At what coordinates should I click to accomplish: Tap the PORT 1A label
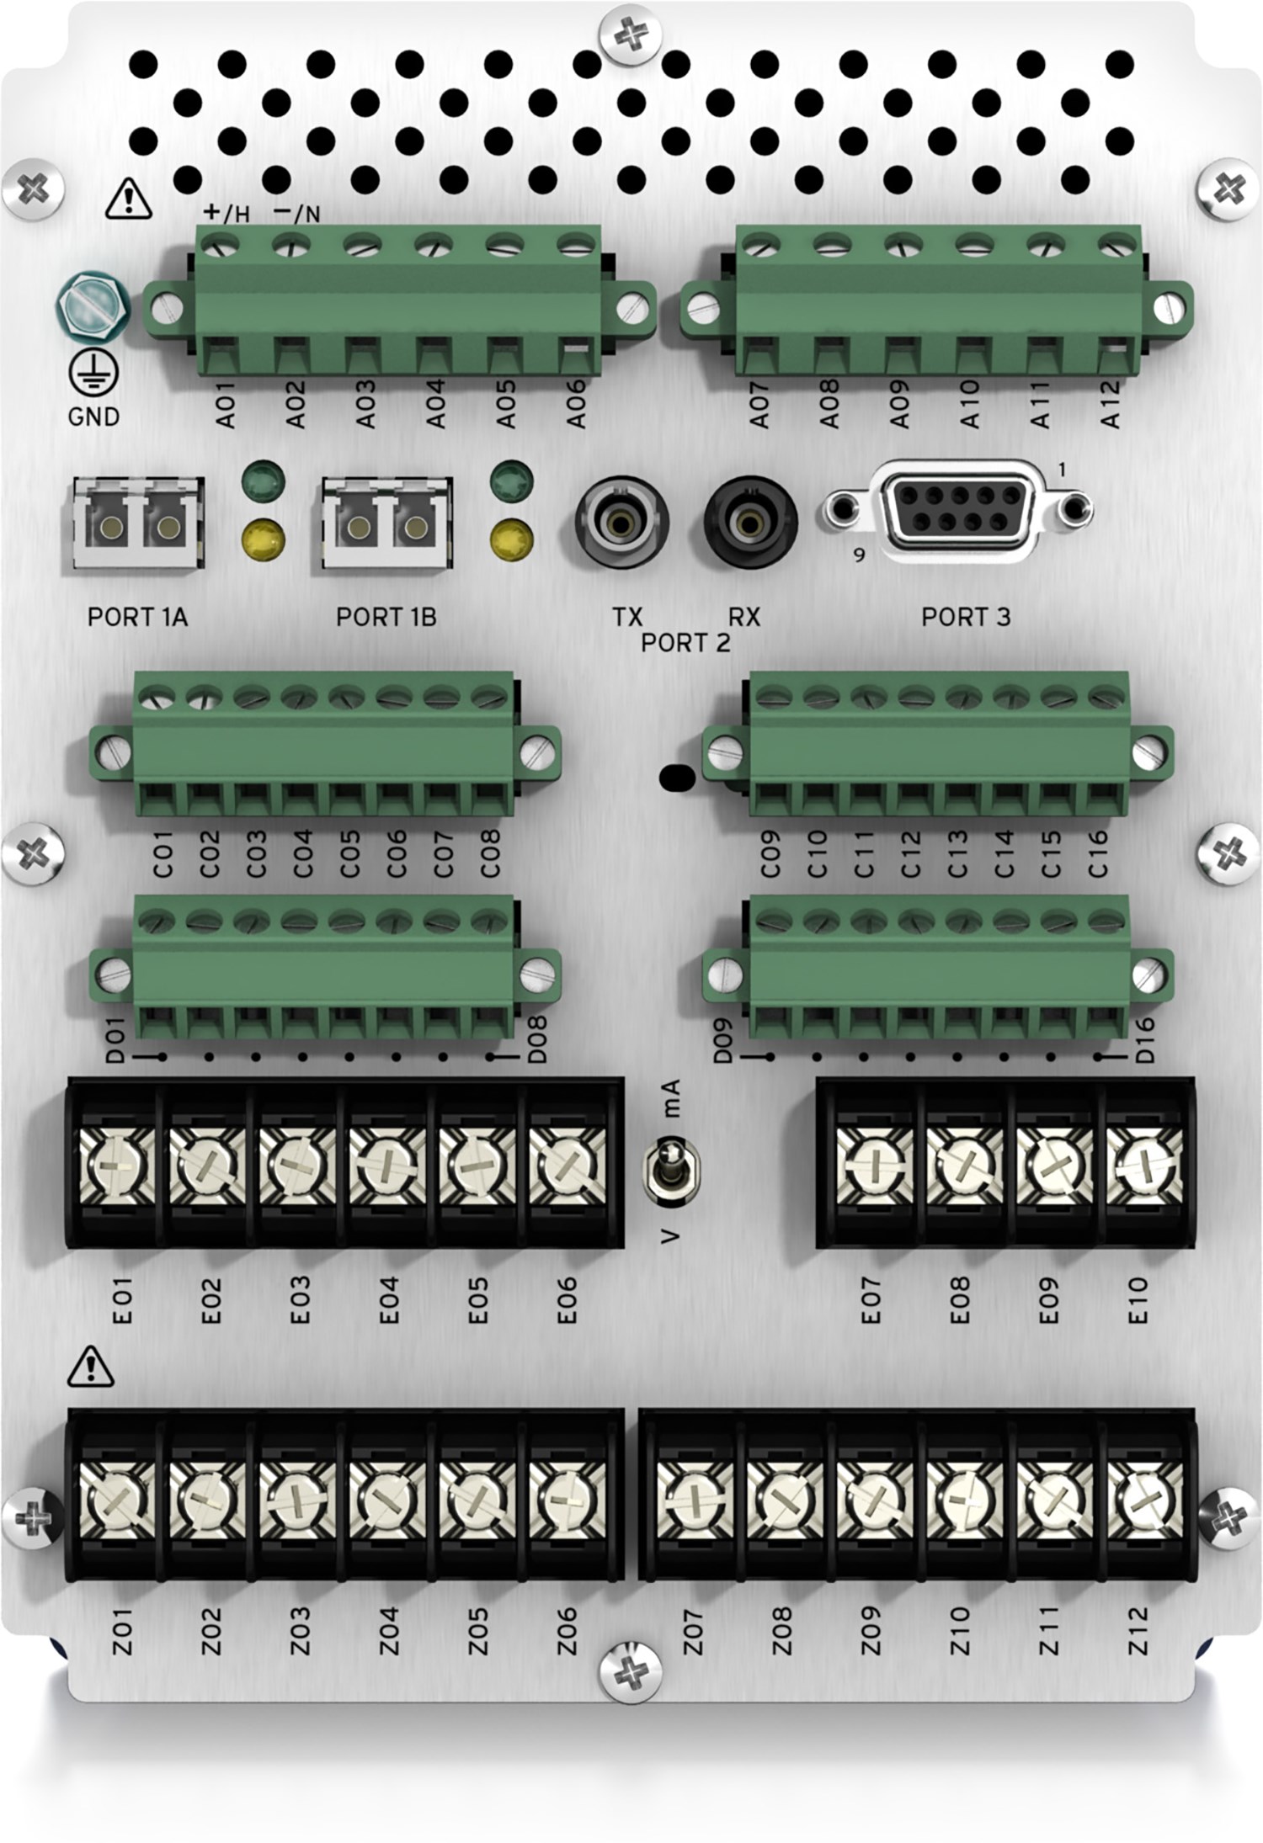click(x=137, y=617)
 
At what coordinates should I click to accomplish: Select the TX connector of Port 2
click(x=621, y=523)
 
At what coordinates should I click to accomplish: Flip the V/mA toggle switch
click(x=670, y=1165)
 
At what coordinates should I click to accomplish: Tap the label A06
click(x=576, y=404)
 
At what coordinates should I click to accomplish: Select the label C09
click(x=770, y=854)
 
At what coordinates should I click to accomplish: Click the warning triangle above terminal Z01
click(x=91, y=1367)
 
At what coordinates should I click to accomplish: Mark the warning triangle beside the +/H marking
click(x=128, y=199)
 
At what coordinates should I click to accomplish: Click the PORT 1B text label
click(x=386, y=617)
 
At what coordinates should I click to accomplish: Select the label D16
click(x=1144, y=1040)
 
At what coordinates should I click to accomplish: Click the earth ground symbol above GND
click(x=93, y=373)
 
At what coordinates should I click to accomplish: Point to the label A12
click(x=1111, y=404)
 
